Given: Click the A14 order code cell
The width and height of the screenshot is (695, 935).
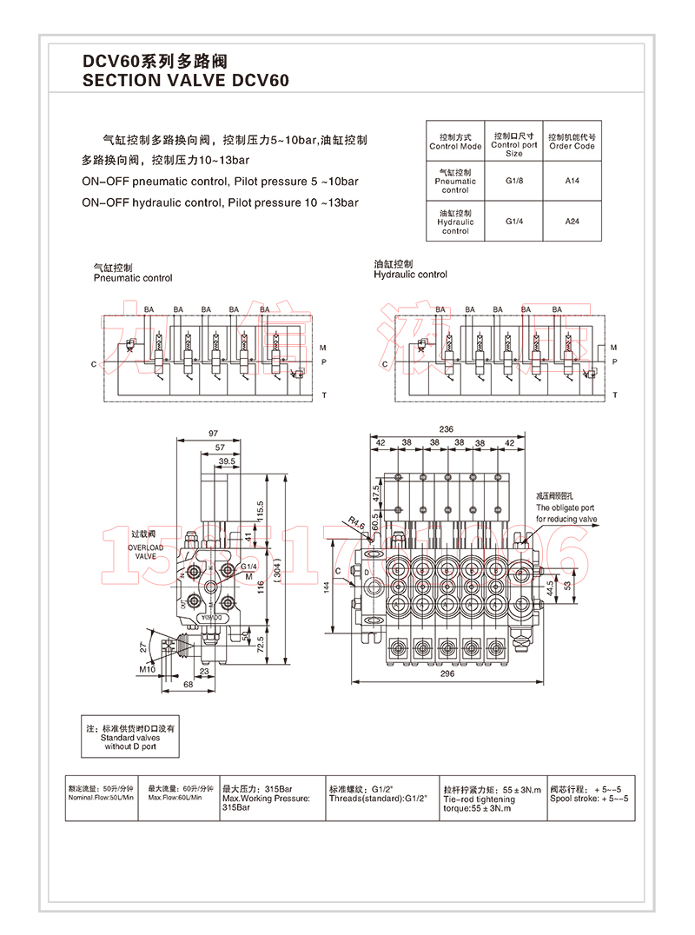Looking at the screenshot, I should coord(572,181).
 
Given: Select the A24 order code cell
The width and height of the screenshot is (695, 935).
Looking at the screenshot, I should coord(572,222).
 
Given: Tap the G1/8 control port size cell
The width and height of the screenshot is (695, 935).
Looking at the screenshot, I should coord(514,181).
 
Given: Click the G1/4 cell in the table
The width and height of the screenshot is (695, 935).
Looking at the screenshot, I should coord(514,222).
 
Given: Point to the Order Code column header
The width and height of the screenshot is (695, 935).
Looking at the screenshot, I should coord(572,142).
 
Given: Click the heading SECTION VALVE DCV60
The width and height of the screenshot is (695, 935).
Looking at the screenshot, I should coord(184,81).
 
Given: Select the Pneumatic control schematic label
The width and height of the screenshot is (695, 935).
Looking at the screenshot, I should coord(133,273).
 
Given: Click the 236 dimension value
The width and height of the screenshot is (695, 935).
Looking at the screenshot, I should coord(447,429).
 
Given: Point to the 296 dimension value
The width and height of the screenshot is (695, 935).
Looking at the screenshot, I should coord(447,673).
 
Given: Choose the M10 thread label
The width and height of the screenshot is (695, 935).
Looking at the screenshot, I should coord(147,669).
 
